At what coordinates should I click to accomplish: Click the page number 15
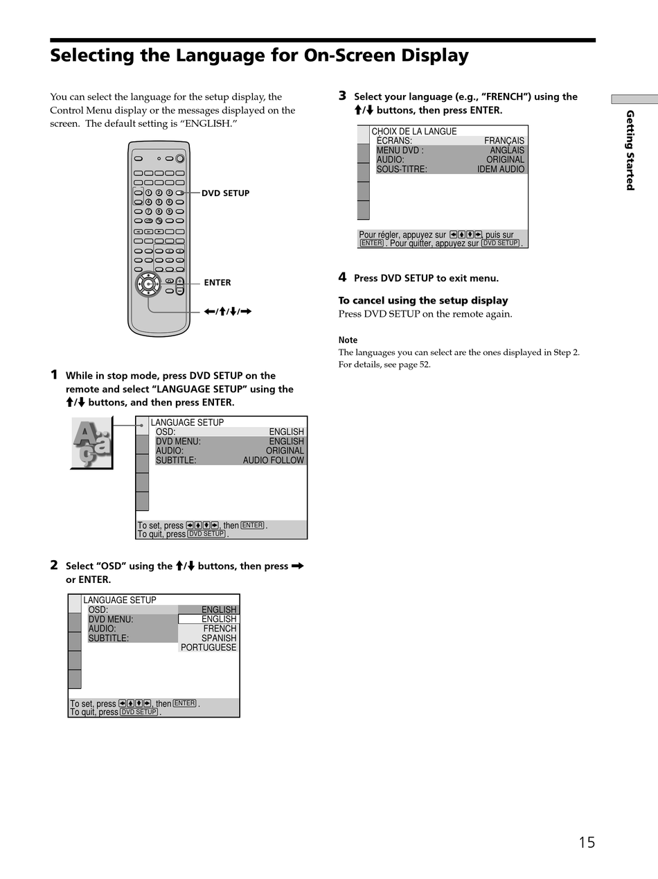click(587, 842)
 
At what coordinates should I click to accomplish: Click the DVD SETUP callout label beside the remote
click(225, 193)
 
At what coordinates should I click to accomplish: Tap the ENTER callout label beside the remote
click(217, 283)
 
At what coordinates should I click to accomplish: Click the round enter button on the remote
click(149, 284)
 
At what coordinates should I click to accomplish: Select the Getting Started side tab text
click(630, 150)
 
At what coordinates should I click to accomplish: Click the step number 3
click(342, 96)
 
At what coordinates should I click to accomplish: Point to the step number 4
click(342, 277)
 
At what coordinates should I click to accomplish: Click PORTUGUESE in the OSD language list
click(208, 647)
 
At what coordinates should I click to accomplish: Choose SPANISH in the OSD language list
click(219, 638)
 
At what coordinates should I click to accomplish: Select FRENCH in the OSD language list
click(220, 629)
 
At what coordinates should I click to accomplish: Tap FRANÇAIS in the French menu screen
click(504, 141)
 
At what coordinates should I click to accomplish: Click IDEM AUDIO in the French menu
click(501, 169)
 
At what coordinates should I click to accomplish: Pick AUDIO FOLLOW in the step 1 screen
click(273, 460)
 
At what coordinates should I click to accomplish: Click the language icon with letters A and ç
click(91, 443)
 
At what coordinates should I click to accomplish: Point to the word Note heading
click(348, 340)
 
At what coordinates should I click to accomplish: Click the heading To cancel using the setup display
click(423, 300)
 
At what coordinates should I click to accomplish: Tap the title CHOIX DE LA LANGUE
click(414, 131)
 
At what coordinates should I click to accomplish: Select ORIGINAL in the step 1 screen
click(285, 451)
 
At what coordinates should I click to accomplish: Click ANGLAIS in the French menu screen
click(507, 150)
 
